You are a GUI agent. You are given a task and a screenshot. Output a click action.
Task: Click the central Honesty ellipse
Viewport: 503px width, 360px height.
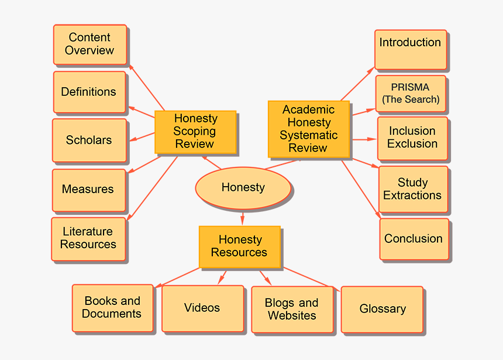point(243,188)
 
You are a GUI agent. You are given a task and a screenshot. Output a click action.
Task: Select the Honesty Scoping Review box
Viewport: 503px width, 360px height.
point(195,131)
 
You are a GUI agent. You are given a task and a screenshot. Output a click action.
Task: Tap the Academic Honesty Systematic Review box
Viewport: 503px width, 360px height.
point(308,129)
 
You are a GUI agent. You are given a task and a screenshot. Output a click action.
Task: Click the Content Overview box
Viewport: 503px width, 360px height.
point(89,44)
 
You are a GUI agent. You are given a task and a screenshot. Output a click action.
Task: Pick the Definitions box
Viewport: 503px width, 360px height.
point(89,92)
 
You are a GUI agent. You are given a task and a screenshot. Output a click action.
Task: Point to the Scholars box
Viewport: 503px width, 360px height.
point(89,140)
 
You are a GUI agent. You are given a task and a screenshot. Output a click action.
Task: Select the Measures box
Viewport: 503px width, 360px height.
point(88,190)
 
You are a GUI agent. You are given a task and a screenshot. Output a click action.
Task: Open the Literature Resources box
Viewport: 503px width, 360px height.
point(88,238)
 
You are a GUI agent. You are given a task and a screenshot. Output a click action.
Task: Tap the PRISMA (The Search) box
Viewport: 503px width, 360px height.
point(411,94)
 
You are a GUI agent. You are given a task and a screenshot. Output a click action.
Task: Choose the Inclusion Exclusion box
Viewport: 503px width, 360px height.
point(412,138)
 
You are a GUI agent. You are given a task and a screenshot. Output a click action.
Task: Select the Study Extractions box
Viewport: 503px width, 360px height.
point(413,189)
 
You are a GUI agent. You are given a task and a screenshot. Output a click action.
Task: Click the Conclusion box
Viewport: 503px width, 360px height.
point(414,239)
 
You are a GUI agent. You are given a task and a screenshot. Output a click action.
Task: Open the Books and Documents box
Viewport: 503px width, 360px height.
point(112,308)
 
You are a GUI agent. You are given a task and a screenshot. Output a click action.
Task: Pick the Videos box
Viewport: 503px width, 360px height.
point(202,308)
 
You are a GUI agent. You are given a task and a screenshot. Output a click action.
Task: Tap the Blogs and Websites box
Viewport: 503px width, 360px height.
point(291,310)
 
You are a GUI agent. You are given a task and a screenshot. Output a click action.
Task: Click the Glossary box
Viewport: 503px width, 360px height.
point(382,309)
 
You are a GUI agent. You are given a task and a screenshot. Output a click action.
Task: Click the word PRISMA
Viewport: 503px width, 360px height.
point(410,87)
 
